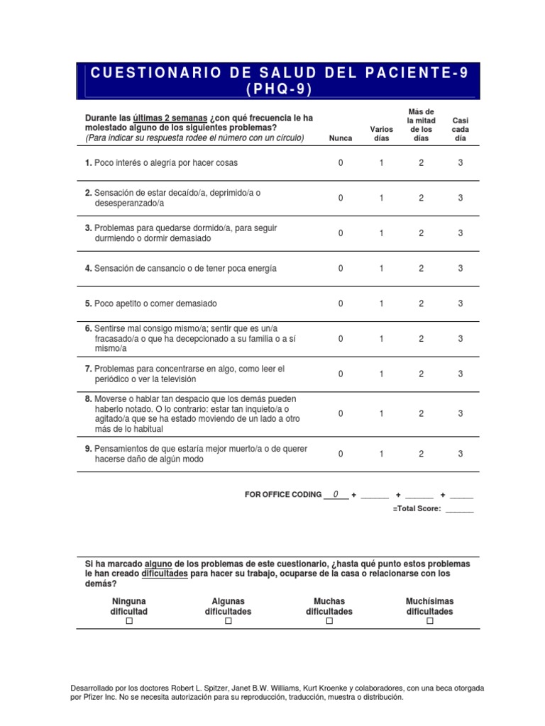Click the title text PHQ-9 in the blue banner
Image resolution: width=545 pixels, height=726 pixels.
click(x=279, y=89)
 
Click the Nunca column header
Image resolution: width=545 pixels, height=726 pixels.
click(x=341, y=138)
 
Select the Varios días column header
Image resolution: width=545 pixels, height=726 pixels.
click(x=382, y=133)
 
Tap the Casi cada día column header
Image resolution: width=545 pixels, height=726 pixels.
click(x=461, y=130)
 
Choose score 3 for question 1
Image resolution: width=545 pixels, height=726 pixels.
click(x=461, y=163)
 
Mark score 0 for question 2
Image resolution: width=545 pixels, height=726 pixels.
click(x=341, y=199)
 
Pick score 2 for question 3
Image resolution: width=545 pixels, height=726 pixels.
click(x=421, y=233)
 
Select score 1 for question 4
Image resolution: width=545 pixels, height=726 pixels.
click(x=381, y=269)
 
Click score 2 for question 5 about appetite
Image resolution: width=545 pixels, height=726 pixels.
click(x=421, y=303)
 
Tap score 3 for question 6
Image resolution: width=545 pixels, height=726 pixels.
click(x=461, y=339)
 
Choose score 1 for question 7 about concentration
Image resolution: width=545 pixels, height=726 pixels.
click(x=381, y=374)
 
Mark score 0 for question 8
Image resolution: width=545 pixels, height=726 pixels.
click(x=341, y=413)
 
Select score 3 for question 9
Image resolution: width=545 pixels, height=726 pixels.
click(x=461, y=454)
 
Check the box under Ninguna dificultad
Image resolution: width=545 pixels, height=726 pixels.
click(x=129, y=622)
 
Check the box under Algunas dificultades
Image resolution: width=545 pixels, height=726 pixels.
click(x=229, y=622)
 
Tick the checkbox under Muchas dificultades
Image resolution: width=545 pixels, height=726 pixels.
click(x=329, y=622)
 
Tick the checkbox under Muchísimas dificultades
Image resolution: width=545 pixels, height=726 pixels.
click(x=429, y=622)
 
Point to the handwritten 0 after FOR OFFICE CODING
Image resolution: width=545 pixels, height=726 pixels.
click(x=336, y=494)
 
